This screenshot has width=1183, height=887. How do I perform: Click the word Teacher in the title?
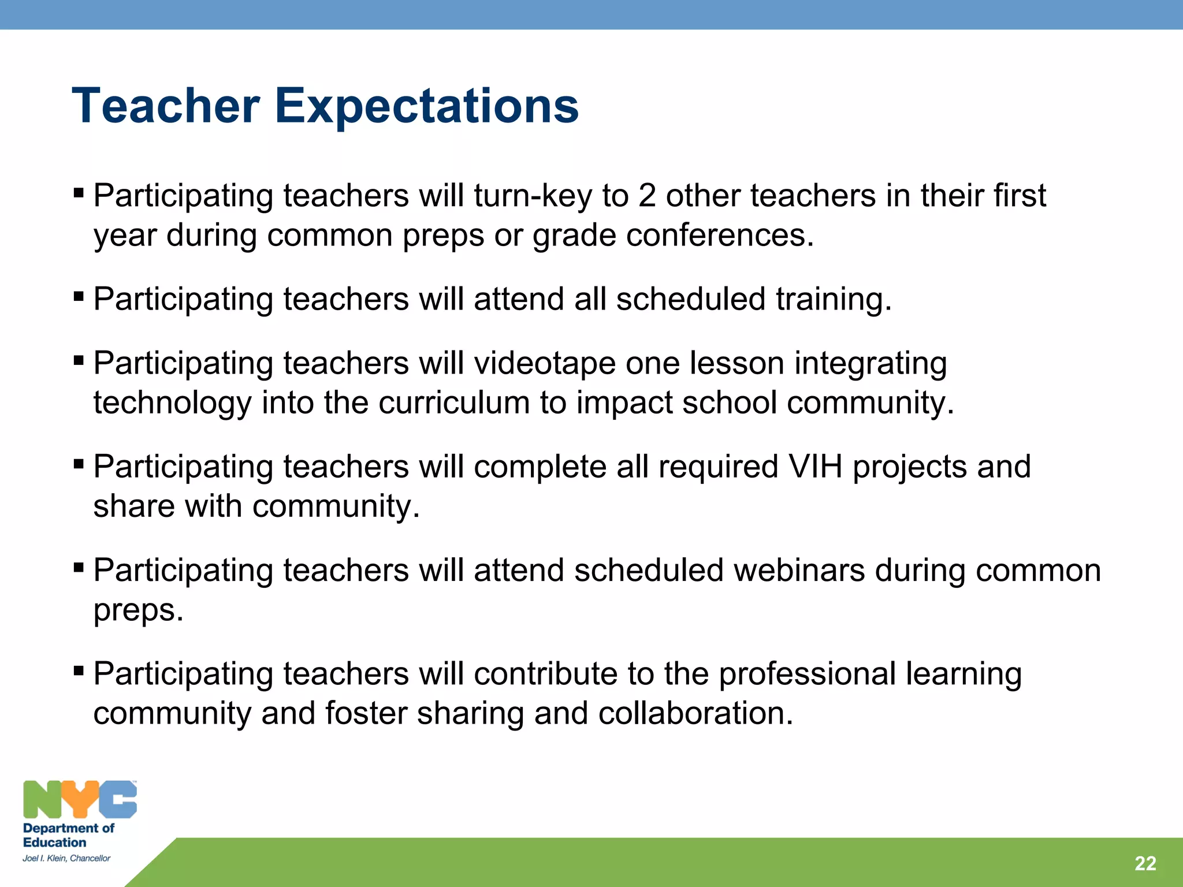(x=166, y=106)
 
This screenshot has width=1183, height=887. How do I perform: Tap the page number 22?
(x=1145, y=863)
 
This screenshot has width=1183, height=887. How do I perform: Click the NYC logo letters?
(x=80, y=799)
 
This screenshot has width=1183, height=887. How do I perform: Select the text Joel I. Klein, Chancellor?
(x=66, y=858)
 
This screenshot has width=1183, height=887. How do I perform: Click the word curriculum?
(x=454, y=402)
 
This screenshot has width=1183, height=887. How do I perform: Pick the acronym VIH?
(x=815, y=467)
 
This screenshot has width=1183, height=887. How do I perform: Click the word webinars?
(x=799, y=570)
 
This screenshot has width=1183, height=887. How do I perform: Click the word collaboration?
(x=695, y=713)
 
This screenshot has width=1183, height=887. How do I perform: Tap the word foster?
(x=366, y=713)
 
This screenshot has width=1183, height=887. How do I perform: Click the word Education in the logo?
(x=54, y=843)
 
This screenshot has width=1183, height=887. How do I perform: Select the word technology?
(x=172, y=402)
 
